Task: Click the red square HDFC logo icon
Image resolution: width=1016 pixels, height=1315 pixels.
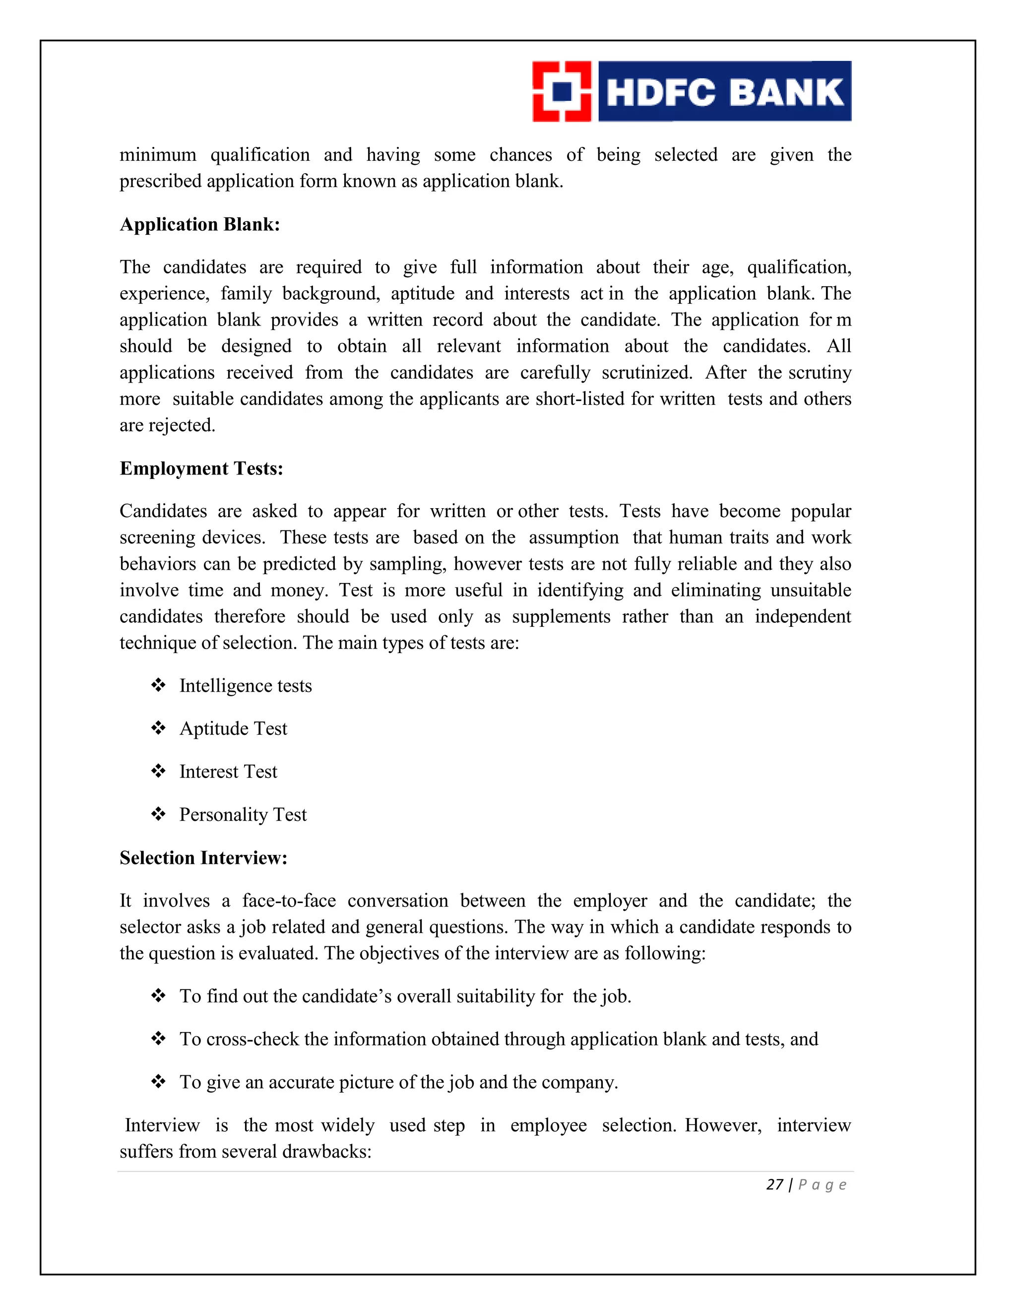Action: pos(562,91)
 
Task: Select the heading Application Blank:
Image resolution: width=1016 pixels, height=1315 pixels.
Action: pos(200,225)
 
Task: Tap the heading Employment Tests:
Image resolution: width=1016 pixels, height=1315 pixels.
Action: pos(201,468)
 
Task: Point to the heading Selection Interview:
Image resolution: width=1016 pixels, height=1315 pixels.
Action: pos(203,858)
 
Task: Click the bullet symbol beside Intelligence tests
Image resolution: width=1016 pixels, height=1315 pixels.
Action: pos(158,685)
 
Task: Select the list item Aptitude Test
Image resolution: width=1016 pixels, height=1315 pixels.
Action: pos(234,729)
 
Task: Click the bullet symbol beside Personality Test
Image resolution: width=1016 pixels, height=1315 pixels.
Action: pos(158,814)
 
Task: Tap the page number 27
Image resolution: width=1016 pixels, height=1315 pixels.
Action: pos(774,1185)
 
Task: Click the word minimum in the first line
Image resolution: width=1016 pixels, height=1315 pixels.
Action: pos(158,155)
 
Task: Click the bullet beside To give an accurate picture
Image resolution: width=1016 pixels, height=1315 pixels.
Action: pos(158,1082)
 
